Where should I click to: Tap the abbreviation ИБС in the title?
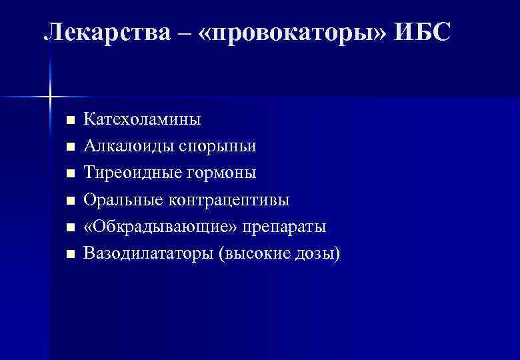tap(423, 31)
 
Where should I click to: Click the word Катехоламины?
tap(142, 120)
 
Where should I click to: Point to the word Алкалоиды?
tap(125, 146)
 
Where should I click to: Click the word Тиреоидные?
tap(127, 173)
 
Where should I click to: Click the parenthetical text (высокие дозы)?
tap(279, 253)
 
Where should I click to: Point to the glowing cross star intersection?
tap(51, 97)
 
